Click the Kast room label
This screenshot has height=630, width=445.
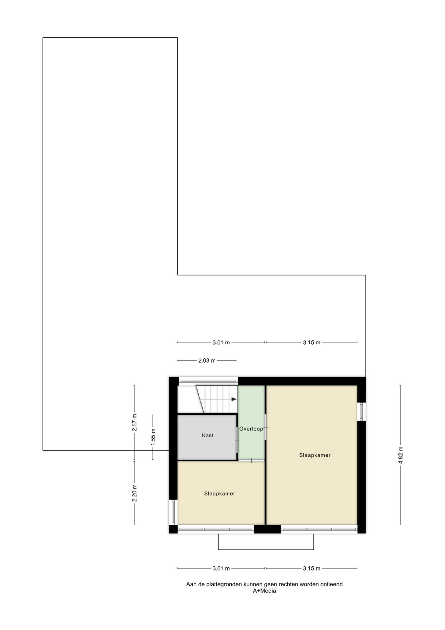pyautogui.click(x=208, y=435)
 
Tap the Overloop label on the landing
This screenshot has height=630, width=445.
pyautogui.click(x=251, y=429)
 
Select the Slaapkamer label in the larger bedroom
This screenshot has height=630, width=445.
pyautogui.click(x=315, y=455)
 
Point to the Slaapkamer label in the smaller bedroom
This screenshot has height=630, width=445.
pyautogui.click(x=220, y=493)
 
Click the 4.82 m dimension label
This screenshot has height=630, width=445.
pyautogui.click(x=400, y=455)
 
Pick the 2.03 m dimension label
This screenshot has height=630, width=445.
pyautogui.click(x=207, y=361)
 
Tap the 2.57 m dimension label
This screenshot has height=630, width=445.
pyautogui.click(x=134, y=423)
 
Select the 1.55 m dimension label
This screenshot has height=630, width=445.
pyautogui.click(x=153, y=437)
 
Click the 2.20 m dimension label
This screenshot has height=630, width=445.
pyautogui.click(x=134, y=493)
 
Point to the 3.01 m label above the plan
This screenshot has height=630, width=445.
pyautogui.click(x=221, y=343)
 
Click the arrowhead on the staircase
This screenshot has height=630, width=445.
pyautogui.click(x=234, y=399)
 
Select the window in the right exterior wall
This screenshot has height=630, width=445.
pyautogui.click(x=361, y=411)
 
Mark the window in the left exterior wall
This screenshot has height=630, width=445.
pyautogui.click(x=173, y=512)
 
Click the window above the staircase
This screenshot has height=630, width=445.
pyautogui.click(x=208, y=381)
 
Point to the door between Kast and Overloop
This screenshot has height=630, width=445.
pyautogui.click(x=237, y=440)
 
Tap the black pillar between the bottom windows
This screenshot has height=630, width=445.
pyautogui.click(x=267, y=529)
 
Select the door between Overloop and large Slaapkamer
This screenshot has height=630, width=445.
pyautogui.click(x=265, y=427)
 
